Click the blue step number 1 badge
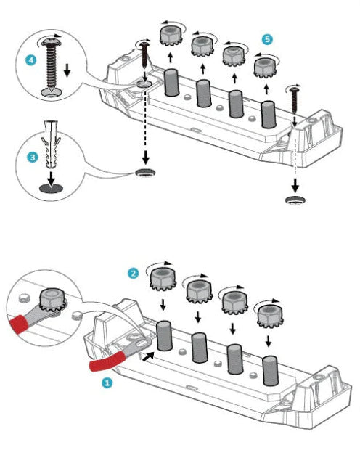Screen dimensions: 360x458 [107, 383]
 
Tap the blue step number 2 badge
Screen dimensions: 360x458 [134, 274]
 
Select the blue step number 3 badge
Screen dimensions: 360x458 [33, 158]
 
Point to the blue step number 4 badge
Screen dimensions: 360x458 [30, 60]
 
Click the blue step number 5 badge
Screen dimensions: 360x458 [267, 39]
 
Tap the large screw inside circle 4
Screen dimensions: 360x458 [52, 65]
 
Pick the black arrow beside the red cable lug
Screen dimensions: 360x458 [148, 356]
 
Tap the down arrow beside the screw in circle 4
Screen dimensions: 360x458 [67, 70]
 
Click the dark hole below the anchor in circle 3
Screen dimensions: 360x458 [51, 189]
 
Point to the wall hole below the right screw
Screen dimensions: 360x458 [295, 200]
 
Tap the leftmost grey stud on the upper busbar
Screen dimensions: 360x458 [171, 83]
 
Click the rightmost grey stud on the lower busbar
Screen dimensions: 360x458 [271, 371]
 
